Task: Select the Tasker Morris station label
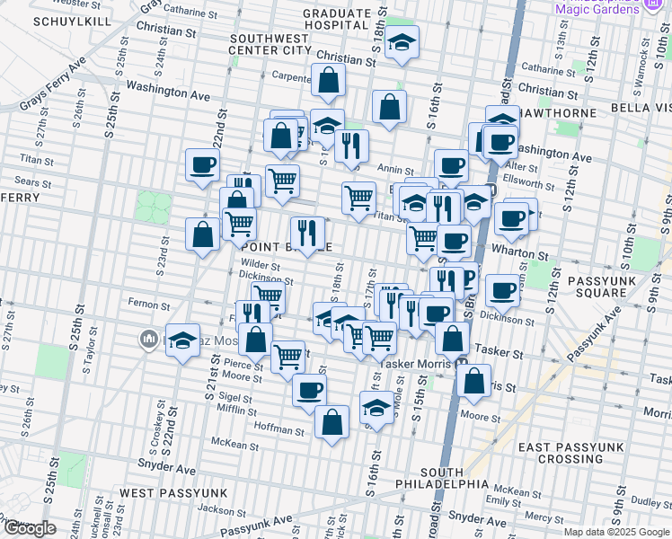(x=417, y=364)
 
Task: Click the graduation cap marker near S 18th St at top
(x=402, y=42)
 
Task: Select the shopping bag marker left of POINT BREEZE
(x=204, y=234)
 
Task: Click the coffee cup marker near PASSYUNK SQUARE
(x=503, y=290)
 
